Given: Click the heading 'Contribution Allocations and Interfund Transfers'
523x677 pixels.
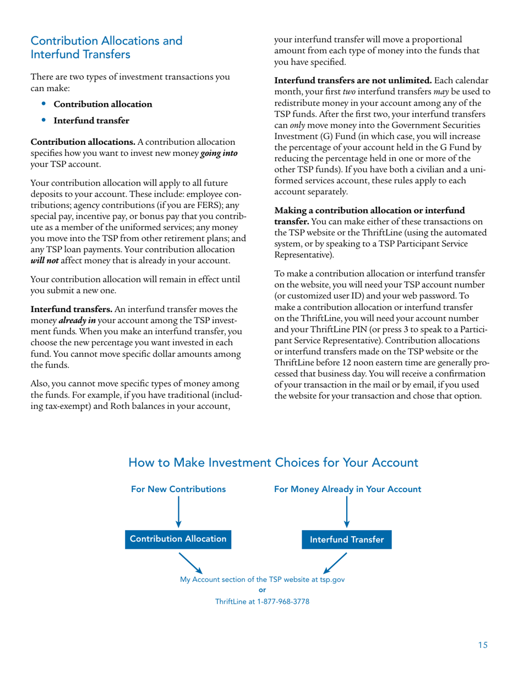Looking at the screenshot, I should [x=106, y=48].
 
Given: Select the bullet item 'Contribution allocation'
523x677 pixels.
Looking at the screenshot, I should [x=102, y=104].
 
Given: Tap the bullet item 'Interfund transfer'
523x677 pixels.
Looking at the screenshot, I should [x=91, y=121].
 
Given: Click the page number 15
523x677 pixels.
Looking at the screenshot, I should [x=482, y=646].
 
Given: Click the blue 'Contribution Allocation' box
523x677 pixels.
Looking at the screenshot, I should [x=177, y=539].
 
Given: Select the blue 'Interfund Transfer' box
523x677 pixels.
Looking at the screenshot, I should [x=347, y=540].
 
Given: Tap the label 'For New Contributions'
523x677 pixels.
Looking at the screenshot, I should [x=178, y=489].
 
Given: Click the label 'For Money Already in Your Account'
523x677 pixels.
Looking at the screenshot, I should [x=348, y=489].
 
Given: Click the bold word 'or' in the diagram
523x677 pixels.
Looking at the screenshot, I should [x=262, y=591].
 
